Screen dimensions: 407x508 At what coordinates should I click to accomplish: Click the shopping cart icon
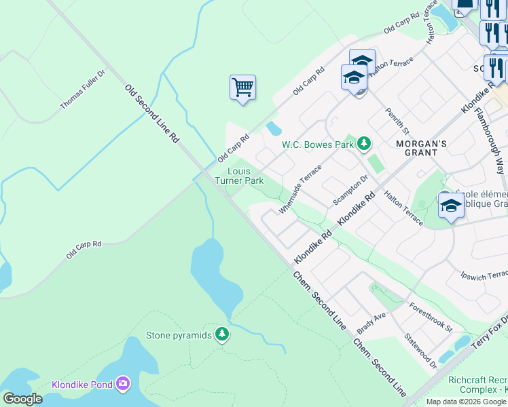[x=242, y=88]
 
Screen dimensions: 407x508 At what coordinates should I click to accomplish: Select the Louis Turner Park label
[x=239, y=176]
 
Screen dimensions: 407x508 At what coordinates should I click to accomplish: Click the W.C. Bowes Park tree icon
[x=365, y=143]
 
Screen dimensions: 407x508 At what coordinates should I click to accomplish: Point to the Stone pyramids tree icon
[x=221, y=334]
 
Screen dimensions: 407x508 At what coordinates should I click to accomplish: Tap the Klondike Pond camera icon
[x=122, y=385]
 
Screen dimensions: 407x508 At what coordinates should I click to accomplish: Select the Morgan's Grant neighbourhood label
[x=421, y=148]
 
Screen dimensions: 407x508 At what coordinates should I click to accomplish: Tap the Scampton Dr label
[x=350, y=191]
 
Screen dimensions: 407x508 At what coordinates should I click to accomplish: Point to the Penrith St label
[x=397, y=120]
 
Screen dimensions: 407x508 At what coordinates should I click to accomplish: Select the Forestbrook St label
[x=431, y=317]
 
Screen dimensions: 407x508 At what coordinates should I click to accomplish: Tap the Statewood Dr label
[x=420, y=350]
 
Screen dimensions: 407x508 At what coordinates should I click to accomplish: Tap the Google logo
[x=22, y=398]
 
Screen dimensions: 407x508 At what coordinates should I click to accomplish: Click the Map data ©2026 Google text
[x=465, y=402]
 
